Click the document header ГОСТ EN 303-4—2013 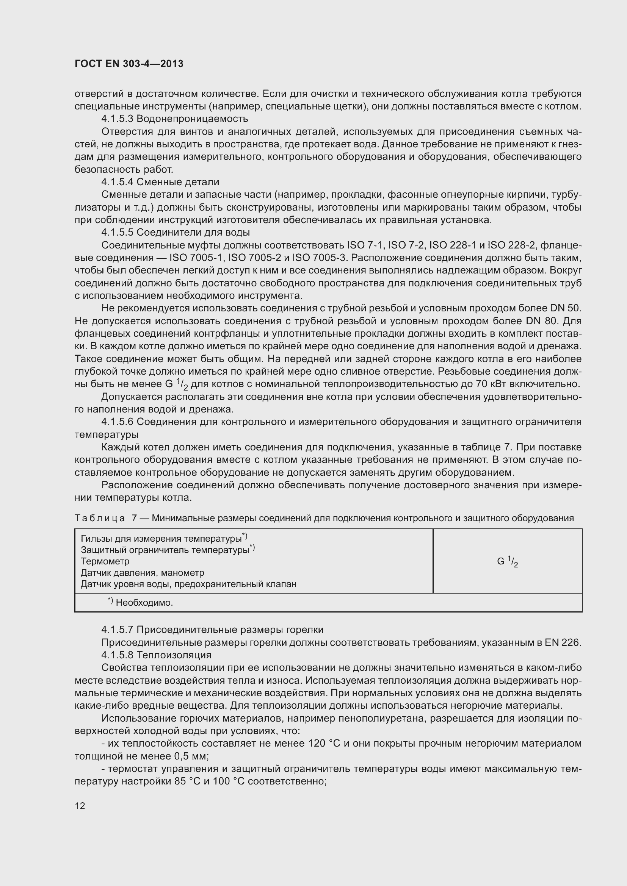tap(129, 64)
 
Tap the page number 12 tap(80, 806)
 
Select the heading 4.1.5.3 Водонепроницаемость tap(174, 119)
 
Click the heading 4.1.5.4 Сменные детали tap(160, 182)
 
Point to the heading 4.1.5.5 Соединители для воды tap(175, 232)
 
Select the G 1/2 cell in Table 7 tap(507, 561)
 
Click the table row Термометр tap(105, 561)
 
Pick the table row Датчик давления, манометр tap(142, 573)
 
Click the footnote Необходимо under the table tap(144, 603)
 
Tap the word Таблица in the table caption tap(100, 518)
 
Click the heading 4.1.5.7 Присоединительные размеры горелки tap(212, 630)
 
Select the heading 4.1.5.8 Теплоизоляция tap(156, 655)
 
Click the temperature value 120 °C tap(323, 743)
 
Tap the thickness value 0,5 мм tap(191, 756)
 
